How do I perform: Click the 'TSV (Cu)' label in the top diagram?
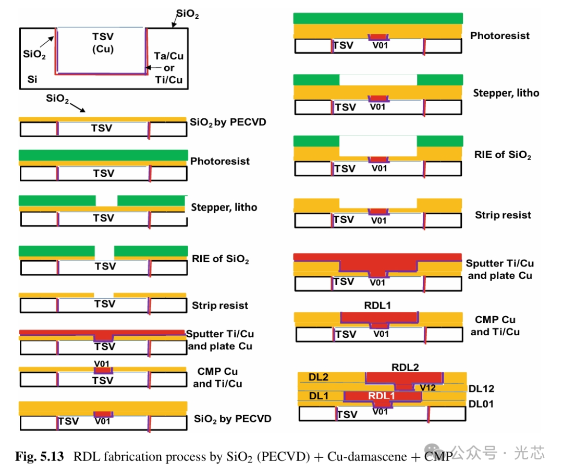103,43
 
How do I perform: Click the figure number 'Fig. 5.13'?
40,457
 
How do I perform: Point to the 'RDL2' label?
405,367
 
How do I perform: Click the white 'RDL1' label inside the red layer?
382,396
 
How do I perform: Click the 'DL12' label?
481,388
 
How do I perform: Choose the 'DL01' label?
481,404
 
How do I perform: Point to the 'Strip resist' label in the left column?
219,306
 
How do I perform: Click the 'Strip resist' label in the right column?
503,215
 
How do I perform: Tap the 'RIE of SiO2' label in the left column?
220,259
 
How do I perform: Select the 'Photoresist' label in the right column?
499,35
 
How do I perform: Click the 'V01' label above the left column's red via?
102,363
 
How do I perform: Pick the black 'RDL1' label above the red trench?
378,306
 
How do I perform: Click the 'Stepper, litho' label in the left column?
224,208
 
